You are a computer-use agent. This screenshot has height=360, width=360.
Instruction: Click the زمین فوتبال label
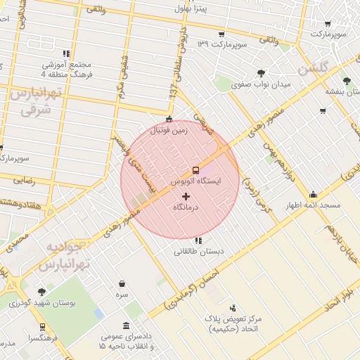point(169,130)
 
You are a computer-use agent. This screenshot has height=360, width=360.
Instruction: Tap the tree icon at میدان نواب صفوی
point(262,72)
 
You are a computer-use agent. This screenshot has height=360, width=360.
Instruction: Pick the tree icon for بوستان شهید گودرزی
point(41,291)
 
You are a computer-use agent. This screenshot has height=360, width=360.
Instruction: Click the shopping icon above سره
point(122,283)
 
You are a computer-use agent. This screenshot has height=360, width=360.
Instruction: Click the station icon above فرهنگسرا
point(42,327)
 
